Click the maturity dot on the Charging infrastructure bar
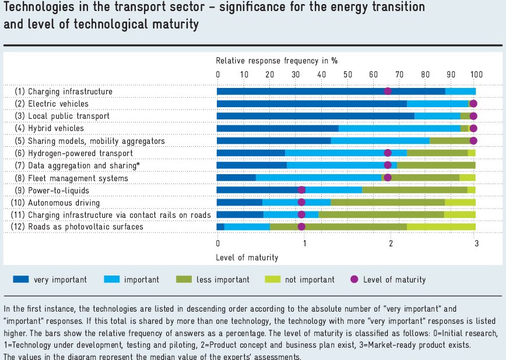coord(388,91)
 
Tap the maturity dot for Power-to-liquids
coord(301,190)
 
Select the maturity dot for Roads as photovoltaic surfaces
coord(301,227)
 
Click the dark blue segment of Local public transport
coord(315,116)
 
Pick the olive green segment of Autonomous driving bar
coord(388,202)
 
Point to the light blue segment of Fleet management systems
coord(318,178)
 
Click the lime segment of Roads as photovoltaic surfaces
coord(441,227)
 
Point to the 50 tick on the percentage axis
coord(347,74)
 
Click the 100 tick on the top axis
coord(476,74)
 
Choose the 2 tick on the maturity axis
coord(390,243)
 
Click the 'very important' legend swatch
coord(20,280)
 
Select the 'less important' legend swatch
coord(183,280)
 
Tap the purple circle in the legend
coord(354,280)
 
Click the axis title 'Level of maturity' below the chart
coord(247,257)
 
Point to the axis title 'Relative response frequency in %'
coord(276,61)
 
